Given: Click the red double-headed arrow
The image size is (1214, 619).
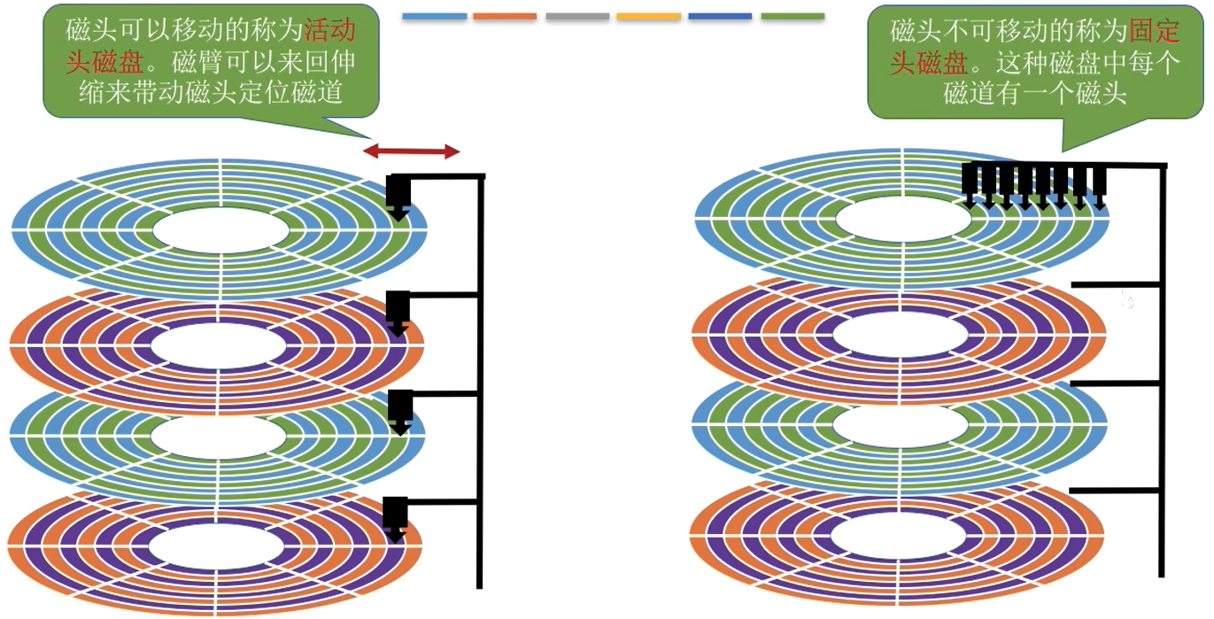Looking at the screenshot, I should pyautogui.click(x=412, y=151).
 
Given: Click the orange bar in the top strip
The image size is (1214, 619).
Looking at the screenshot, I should pyautogui.click(x=505, y=16).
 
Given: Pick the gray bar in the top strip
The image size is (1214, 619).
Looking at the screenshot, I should pyautogui.click(x=577, y=16).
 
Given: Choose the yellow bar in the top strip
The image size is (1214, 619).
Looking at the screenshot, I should pyautogui.click(x=648, y=16).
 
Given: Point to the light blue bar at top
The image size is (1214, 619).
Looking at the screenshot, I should pyautogui.click(x=434, y=16).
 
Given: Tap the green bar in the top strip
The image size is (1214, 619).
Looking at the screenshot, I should pyautogui.click(x=793, y=16).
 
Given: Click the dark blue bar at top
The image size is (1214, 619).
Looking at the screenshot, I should pyautogui.click(x=720, y=16).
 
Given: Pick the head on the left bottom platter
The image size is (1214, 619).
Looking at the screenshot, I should pyautogui.click(x=396, y=519).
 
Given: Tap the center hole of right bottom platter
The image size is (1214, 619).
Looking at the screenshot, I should pyautogui.click(x=898, y=536).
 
